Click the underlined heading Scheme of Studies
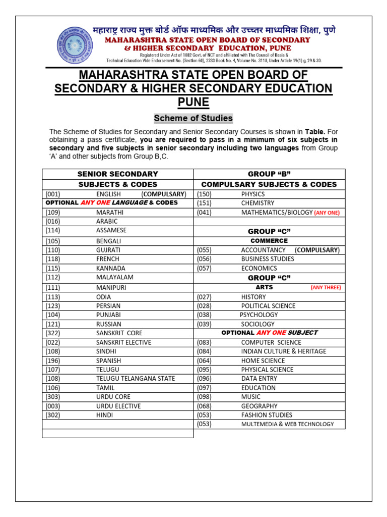tap(193, 118)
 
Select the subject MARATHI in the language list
tap(110, 213)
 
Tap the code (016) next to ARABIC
tap(53, 221)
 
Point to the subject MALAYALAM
tap(114, 277)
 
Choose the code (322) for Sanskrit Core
tap(53, 333)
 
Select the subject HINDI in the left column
tap(104, 415)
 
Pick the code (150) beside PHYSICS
tap(204, 194)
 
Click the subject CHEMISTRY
tap(257, 203)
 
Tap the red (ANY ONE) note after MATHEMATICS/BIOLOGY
tap(327, 213)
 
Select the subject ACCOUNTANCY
tap(263, 250)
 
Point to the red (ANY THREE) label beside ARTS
tap(326, 288)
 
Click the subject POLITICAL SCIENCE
tap(268, 306)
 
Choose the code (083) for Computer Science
tap(204, 342)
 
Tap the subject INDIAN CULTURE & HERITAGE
tap(283, 351)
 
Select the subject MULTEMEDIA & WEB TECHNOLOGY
tap(287, 424)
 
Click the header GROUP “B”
tap(269, 174)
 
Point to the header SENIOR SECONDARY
tap(117, 174)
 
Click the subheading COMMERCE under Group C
tap(269, 241)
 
